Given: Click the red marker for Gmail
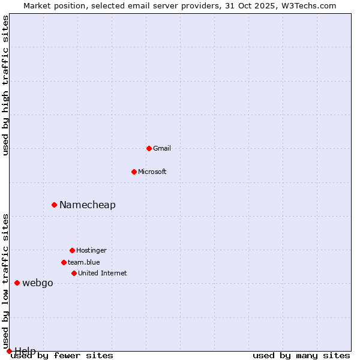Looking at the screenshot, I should pyautogui.click(x=149, y=148).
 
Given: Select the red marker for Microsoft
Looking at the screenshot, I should pyautogui.click(x=134, y=172).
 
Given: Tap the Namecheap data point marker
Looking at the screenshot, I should pyautogui.click(x=54, y=205).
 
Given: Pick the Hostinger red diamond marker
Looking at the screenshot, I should pyautogui.click(x=72, y=250).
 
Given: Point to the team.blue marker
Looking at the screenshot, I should pyautogui.click(x=64, y=262).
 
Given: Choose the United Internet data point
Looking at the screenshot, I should pyautogui.click(x=74, y=273).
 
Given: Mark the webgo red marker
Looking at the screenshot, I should pyautogui.click(x=17, y=283).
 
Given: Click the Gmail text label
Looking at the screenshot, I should pyautogui.click(x=162, y=148).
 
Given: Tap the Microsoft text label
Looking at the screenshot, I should pyautogui.click(x=152, y=172).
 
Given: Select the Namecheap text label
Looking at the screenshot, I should pyautogui.click(x=88, y=205).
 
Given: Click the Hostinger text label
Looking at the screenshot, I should pyautogui.click(x=91, y=250).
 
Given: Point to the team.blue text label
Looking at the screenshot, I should pyautogui.click(x=84, y=262).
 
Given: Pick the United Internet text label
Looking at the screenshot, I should pyautogui.click(x=103, y=273).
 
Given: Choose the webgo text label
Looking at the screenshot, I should pyautogui.click(x=38, y=283).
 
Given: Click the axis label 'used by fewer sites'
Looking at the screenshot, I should pyautogui.click(x=62, y=355).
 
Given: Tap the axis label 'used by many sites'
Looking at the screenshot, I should pyautogui.click(x=301, y=355).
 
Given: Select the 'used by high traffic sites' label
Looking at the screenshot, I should pyautogui.click(x=6, y=85).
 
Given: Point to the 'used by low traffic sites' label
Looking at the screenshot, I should pyautogui.click(x=6, y=281).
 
